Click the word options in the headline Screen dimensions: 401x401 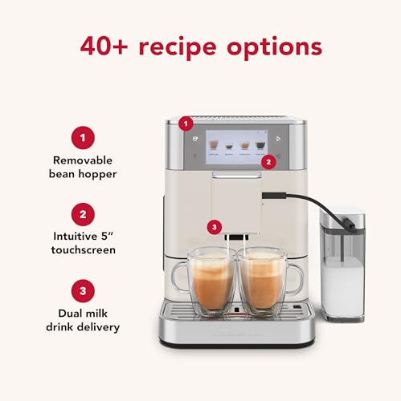click(276, 46)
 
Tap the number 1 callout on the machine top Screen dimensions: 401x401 click(186, 124)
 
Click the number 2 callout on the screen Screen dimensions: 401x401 click(268, 161)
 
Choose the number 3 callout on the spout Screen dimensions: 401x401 click(213, 227)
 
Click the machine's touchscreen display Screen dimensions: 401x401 click(236, 145)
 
